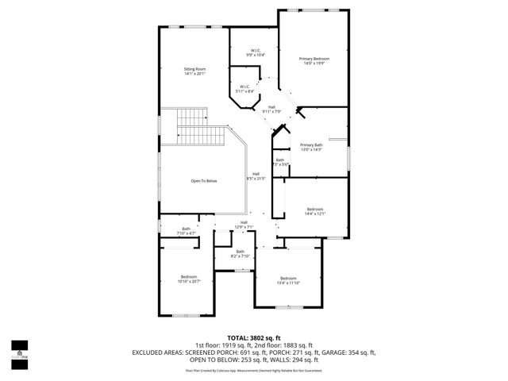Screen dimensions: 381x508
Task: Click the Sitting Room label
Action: tap(194, 71)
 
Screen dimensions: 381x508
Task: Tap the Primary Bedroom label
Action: tap(314, 62)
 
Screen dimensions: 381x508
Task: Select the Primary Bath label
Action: tap(311, 147)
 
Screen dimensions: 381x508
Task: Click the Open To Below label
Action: tap(203, 181)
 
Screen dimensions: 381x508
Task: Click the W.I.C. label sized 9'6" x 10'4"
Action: tap(256, 52)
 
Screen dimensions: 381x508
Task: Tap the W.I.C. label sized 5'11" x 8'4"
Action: tap(245, 89)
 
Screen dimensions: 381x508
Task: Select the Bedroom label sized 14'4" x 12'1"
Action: tap(315, 211)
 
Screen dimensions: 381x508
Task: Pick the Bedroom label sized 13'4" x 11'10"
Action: tap(287, 280)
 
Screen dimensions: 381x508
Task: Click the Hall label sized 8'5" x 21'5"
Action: tap(256, 176)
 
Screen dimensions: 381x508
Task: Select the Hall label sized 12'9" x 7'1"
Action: tap(244, 225)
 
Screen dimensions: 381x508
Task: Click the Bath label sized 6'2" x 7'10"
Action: tap(240, 254)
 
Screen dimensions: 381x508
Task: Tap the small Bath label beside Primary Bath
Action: tap(279, 162)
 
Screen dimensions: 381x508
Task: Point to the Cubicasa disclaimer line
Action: tap(253, 370)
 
